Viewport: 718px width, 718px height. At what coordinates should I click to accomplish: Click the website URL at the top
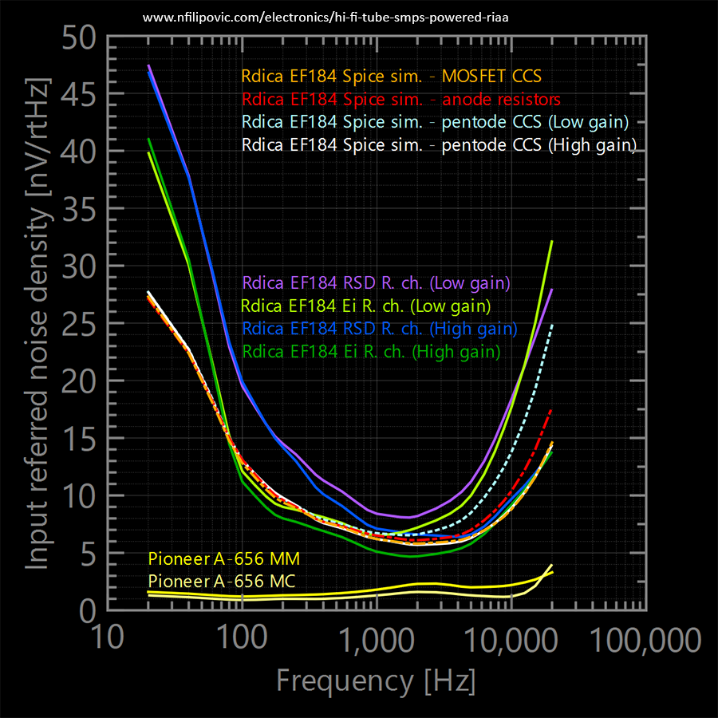(x=325, y=16)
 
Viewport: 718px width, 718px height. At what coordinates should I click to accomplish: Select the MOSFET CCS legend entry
(x=393, y=77)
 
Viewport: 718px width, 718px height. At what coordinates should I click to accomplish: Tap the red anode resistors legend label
(x=401, y=100)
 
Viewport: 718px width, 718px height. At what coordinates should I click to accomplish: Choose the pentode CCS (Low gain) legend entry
(x=436, y=122)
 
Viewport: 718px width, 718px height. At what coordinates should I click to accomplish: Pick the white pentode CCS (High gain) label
(x=440, y=145)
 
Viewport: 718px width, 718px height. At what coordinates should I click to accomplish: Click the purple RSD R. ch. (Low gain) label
(x=377, y=282)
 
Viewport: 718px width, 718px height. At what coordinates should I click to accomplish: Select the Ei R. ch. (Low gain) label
(x=366, y=306)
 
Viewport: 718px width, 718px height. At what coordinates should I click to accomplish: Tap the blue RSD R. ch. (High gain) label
(x=380, y=329)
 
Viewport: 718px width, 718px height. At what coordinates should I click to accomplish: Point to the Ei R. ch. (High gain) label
(x=372, y=351)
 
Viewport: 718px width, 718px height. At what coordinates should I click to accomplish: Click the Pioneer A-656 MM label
(x=224, y=558)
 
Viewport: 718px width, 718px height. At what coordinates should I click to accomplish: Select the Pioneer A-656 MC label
(x=223, y=581)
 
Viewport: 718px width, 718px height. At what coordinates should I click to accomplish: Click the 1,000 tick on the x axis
(x=376, y=638)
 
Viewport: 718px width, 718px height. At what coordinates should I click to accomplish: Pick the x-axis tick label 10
(x=108, y=638)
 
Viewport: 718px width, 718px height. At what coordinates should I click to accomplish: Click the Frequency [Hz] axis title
(x=376, y=681)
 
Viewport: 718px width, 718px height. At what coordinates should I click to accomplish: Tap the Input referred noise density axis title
(x=37, y=324)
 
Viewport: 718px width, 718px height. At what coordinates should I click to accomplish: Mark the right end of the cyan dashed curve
(x=551, y=325)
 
